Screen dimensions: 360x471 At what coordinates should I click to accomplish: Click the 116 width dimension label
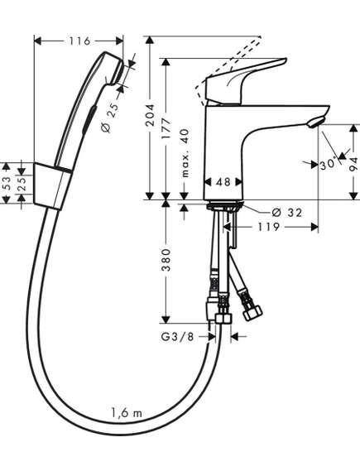(80, 41)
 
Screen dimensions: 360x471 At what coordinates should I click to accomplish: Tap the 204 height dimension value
(150, 115)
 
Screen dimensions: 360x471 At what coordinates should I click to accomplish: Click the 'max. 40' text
(185, 153)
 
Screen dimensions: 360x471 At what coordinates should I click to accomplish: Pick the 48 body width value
(223, 182)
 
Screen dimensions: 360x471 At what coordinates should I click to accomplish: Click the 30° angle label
(328, 165)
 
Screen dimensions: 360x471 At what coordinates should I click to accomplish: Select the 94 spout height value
(354, 164)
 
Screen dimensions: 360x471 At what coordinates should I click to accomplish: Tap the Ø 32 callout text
(286, 213)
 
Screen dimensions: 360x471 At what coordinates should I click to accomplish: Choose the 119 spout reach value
(269, 227)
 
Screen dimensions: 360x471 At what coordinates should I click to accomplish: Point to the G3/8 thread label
(177, 337)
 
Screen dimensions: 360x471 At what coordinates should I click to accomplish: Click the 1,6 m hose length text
(127, 413)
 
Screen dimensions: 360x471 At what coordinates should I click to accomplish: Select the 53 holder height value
(7, 183)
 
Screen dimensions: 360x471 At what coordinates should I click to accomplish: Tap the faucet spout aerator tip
(315, 123)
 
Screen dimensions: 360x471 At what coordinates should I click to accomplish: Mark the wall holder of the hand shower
(52, 186)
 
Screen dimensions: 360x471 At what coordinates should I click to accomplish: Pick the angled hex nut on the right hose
(252, 313)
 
